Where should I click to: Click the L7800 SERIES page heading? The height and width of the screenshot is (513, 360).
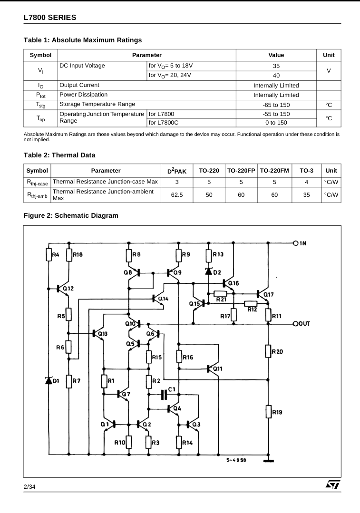coord(49,18)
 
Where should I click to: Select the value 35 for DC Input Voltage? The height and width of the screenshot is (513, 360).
coord(276,67)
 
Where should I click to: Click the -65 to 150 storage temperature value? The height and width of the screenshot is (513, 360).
coord(276,104)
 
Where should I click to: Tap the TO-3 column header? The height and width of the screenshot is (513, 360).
coord(307,170)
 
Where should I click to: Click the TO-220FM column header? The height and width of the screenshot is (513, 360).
coord(274,170)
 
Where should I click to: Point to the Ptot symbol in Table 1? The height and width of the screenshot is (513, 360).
coord(40,95)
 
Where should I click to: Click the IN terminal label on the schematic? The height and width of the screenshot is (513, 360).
coord(303,243)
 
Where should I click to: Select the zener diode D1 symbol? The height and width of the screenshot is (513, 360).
coord(49,380)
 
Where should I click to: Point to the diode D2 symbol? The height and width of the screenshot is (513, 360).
coord(208,271)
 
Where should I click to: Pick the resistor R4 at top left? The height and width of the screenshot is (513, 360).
coord(49,254)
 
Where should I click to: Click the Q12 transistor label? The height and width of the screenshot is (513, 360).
coord(68,288)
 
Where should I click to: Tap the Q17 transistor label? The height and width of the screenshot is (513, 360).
coord(268,294)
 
